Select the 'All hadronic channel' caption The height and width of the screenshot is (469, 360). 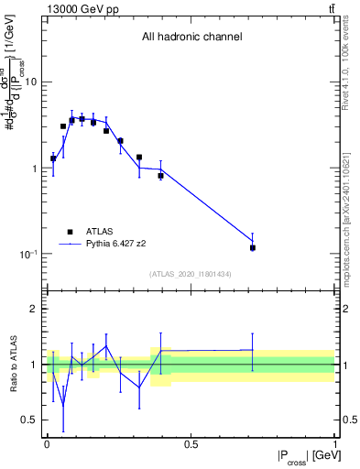tap(191, 38)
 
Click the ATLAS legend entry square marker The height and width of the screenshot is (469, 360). tap(70, 232)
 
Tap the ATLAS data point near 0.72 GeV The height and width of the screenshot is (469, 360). tap(253, 247)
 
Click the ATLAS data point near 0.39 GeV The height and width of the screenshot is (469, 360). tap(160, 175)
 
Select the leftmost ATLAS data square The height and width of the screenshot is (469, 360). tap(53, 158)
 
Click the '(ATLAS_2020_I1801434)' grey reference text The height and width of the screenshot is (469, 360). tap(191, 274)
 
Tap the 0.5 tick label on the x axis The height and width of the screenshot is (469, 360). tap(191, 445)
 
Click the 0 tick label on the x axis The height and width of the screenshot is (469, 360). tap(47, 445)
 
